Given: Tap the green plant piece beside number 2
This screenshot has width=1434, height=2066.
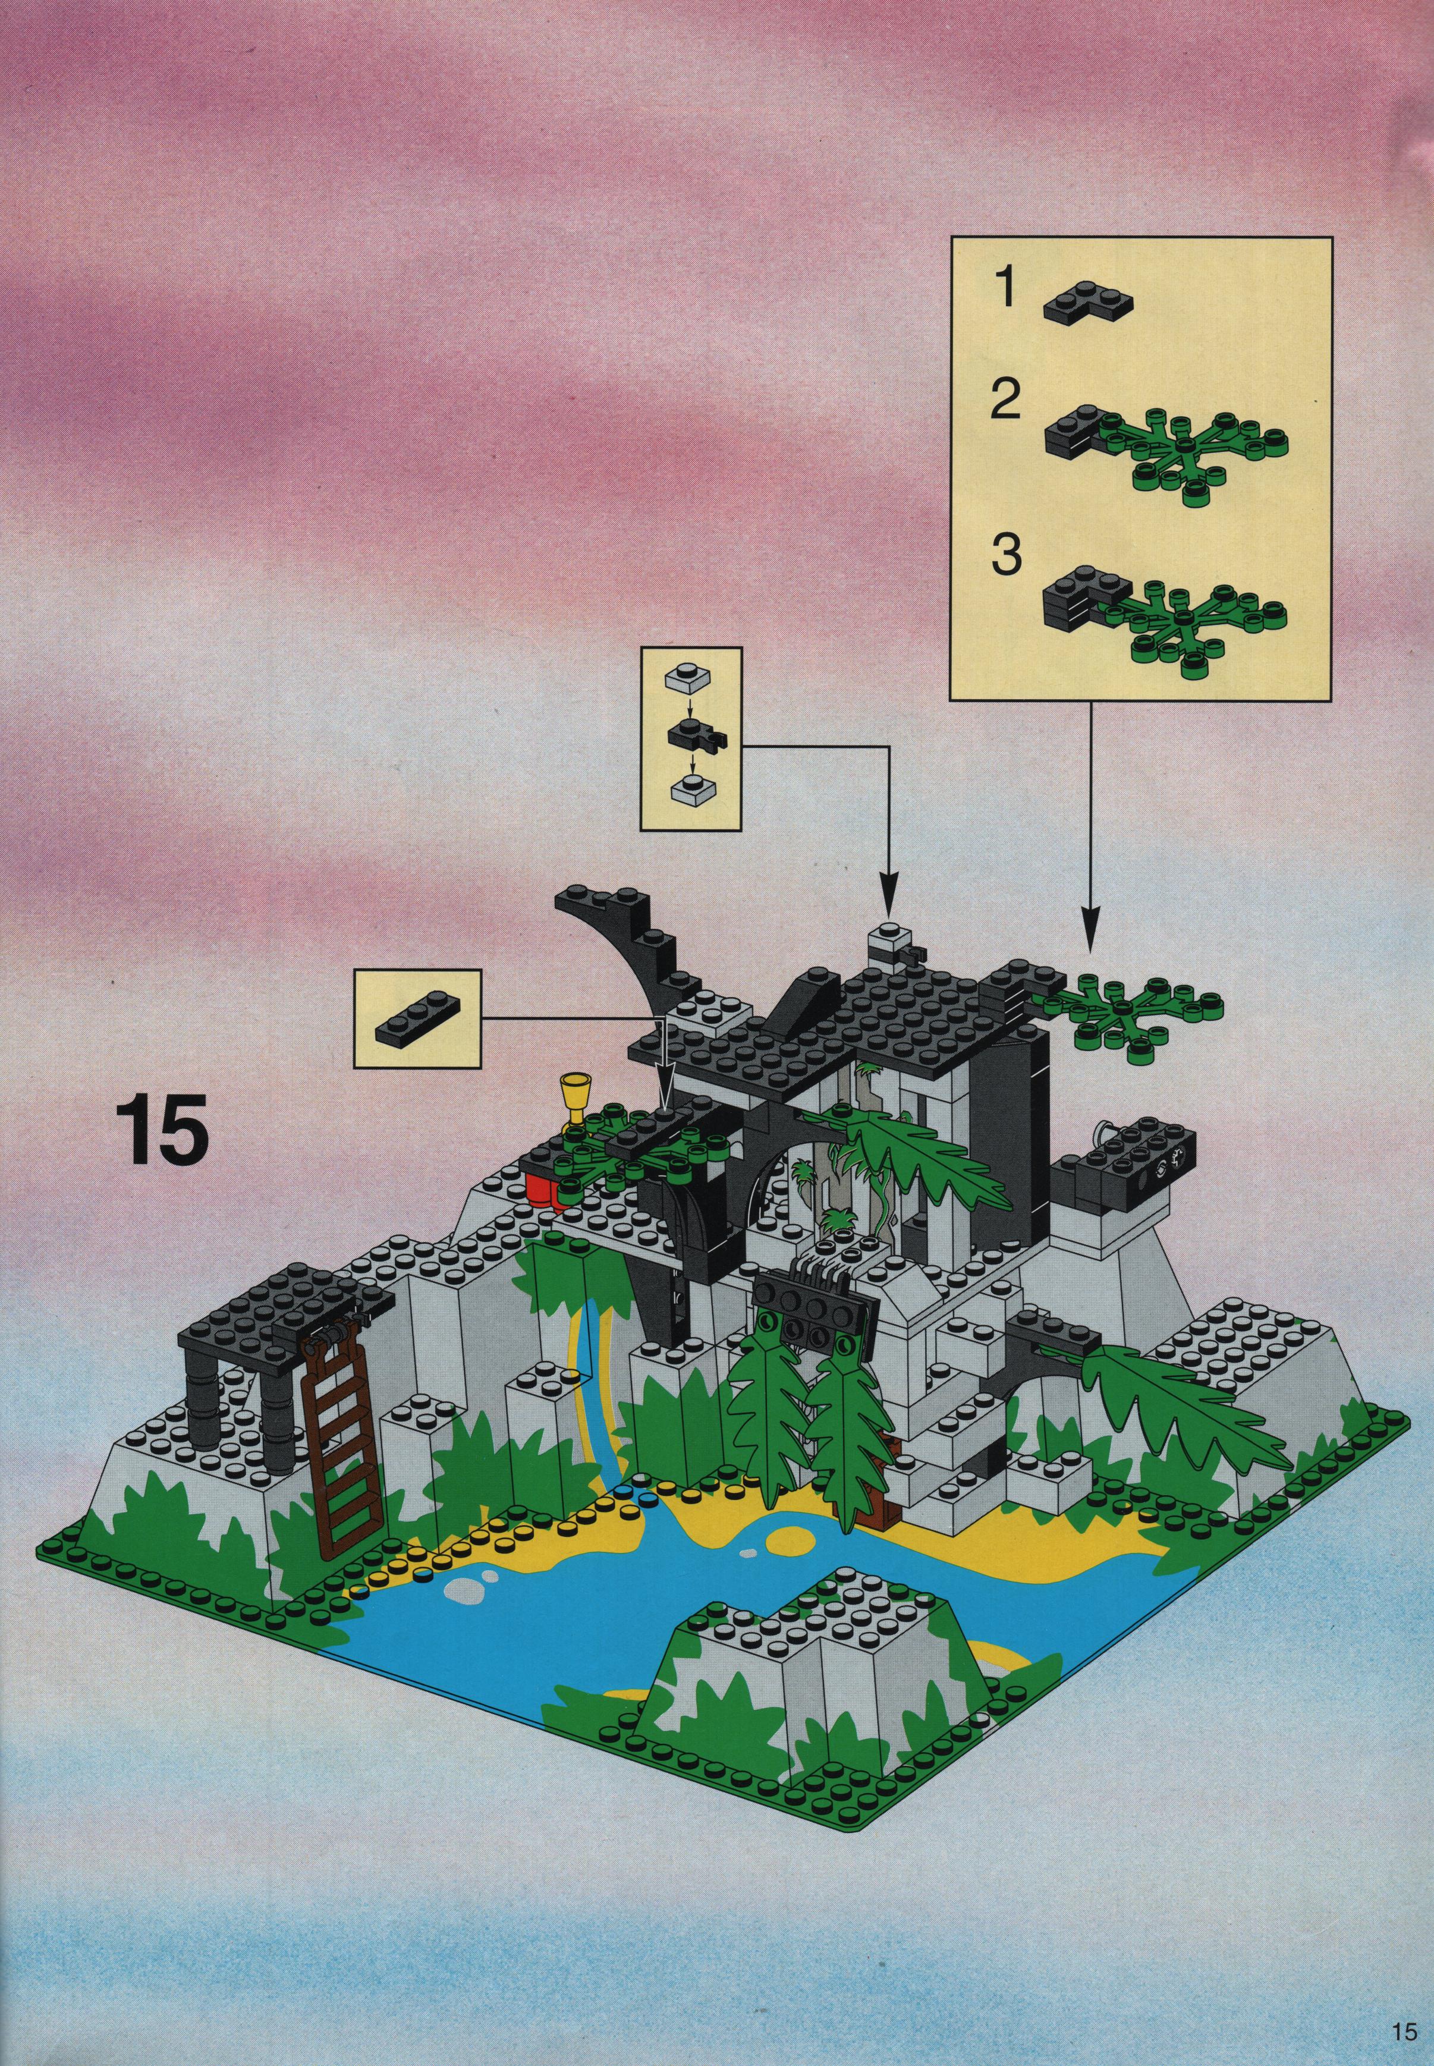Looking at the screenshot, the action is click(1195, 457).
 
